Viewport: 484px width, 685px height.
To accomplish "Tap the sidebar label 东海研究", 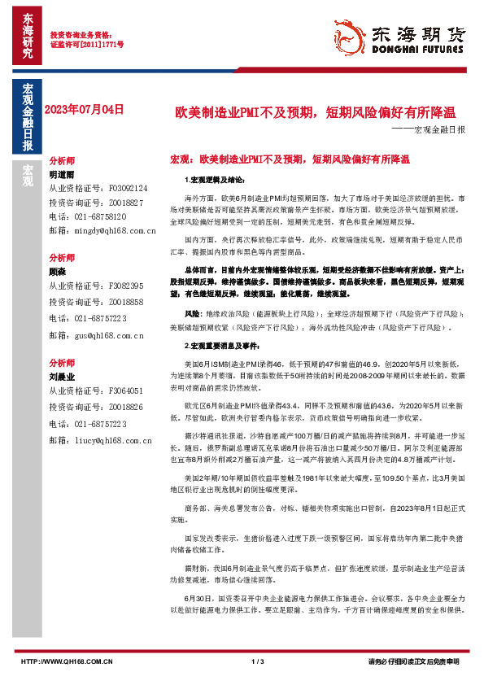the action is [x=28, y=37].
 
